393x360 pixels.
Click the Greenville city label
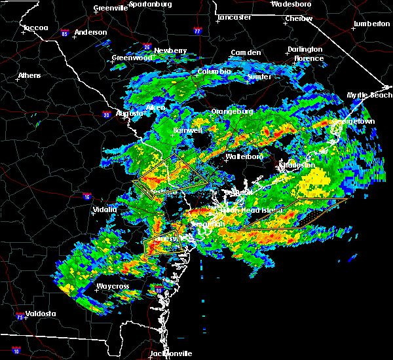110,8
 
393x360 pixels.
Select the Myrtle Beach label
369,96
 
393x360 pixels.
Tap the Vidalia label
104,209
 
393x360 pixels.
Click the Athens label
29,75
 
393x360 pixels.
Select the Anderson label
90,32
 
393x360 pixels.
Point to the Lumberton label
371,24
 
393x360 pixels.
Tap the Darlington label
305,50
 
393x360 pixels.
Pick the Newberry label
170,50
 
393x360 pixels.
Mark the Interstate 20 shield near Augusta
106,116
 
